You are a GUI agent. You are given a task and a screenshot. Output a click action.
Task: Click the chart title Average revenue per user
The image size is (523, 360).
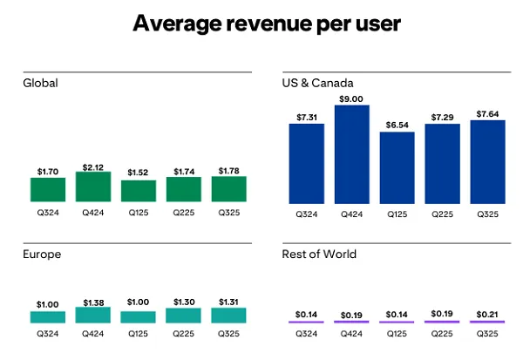[261, 24]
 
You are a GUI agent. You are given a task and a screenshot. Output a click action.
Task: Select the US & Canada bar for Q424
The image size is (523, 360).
[352, 154]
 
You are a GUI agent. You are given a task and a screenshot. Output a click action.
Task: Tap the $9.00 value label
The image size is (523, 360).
[352, 98]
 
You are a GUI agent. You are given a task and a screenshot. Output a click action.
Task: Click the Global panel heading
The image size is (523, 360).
[40, 84]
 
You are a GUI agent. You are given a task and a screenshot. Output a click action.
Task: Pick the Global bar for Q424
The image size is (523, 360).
[93, 187]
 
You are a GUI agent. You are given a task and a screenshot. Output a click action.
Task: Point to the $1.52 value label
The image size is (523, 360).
[139, 173]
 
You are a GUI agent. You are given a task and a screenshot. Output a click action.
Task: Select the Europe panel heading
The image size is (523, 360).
[42, 255]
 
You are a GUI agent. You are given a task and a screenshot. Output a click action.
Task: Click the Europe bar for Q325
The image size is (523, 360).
[228, 316]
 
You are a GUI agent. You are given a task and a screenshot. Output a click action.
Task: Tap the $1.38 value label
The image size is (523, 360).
[93, 301]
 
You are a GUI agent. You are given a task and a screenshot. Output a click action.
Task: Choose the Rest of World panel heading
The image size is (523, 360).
[318, 255]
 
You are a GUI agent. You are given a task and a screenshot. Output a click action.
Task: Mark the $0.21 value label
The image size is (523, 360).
[487, 312]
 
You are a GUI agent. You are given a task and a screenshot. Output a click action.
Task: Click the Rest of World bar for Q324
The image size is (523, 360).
[306, 323]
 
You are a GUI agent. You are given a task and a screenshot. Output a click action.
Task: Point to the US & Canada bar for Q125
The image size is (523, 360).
[397, 168]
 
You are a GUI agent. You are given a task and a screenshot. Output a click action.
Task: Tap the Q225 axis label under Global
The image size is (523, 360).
[184, 212]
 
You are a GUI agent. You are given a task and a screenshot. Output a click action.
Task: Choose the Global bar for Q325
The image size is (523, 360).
[228, 189]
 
